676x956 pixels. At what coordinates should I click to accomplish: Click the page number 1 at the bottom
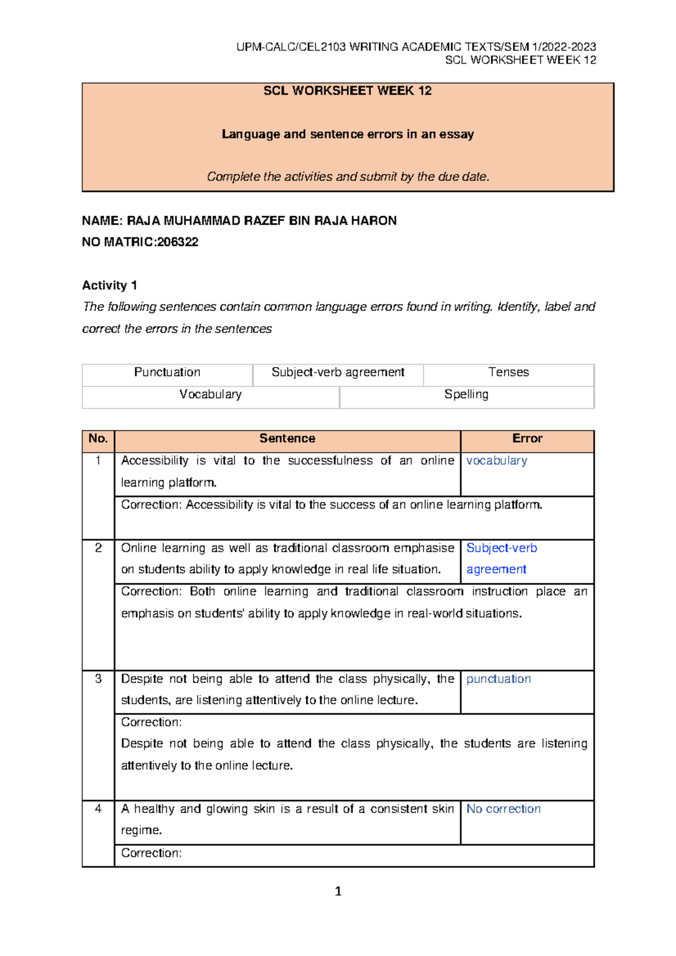338,891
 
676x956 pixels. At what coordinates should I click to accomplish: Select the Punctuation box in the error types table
167,372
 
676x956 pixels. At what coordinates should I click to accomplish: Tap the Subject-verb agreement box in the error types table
338,372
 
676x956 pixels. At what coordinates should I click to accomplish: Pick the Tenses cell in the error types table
509,372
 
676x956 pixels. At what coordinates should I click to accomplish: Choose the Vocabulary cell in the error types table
210,394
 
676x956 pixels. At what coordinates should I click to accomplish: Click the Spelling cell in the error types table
466,394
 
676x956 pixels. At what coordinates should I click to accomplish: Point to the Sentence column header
287,439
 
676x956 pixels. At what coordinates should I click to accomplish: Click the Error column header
527,439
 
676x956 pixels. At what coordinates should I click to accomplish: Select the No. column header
98,439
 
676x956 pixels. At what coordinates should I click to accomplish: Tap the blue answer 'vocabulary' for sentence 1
497,461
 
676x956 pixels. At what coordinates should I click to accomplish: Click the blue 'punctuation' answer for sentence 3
499,679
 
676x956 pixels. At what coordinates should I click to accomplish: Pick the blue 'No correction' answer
504,809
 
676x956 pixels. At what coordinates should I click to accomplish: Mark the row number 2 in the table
98,548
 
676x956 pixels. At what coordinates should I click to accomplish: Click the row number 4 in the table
98,809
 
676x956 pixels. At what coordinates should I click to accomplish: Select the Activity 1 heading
110,285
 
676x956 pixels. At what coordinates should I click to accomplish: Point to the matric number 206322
177,242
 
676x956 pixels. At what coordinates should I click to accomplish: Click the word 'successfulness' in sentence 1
330,461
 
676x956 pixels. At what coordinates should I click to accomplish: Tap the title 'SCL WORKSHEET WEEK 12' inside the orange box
348,91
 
